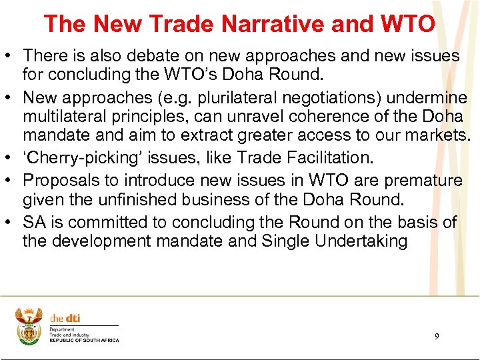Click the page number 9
437,337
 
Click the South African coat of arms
29,325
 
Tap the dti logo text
65,319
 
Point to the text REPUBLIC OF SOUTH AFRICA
84,340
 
